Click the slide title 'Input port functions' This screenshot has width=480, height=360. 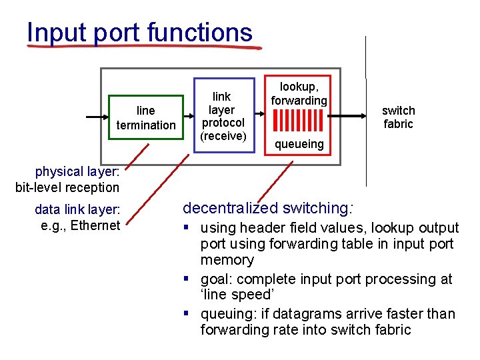pos(140,32)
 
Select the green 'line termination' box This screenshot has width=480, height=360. pos(145,117)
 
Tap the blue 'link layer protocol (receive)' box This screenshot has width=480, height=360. pos(223,117)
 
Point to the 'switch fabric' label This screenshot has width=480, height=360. pos(398,117)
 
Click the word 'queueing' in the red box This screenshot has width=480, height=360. pos(299,144)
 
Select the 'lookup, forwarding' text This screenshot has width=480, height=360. pos(299,93)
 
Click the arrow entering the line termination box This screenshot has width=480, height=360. pos(97,117)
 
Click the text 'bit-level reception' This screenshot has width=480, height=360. pos(67,187)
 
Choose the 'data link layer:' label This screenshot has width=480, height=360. pos(77,211)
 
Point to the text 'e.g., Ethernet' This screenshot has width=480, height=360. pos(80,225)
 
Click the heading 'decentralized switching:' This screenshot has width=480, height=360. pos(268,208)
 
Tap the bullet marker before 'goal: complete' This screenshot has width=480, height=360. pos(189,279)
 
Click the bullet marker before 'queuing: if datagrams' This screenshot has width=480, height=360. pos(189,314)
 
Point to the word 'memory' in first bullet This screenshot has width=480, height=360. pos(227,260)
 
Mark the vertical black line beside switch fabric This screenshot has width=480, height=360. pos(366,110)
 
